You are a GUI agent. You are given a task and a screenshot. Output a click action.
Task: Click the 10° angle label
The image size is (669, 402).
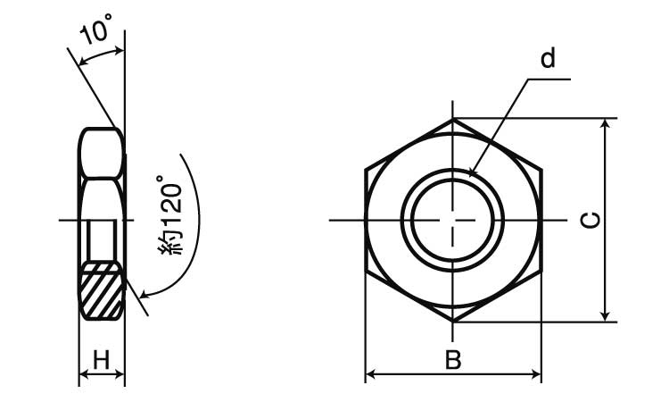point(96,29)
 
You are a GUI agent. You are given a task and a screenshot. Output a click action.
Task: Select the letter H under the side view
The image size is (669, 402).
point(102,360)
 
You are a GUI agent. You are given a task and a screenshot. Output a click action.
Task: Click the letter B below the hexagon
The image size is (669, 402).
point(453,360)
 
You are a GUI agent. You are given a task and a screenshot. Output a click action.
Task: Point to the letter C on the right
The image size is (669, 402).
point(591,220)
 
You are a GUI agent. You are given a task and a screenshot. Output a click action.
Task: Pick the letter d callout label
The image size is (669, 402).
point(548,58)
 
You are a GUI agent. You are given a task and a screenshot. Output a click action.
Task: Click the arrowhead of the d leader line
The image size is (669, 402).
point(472,172)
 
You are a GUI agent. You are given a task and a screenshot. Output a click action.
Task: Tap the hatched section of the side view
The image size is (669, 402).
point(102,290)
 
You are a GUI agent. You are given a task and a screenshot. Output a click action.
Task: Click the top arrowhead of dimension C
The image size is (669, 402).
point(605,123)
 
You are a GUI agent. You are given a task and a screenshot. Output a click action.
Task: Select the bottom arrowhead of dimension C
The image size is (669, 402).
point(605,315)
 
